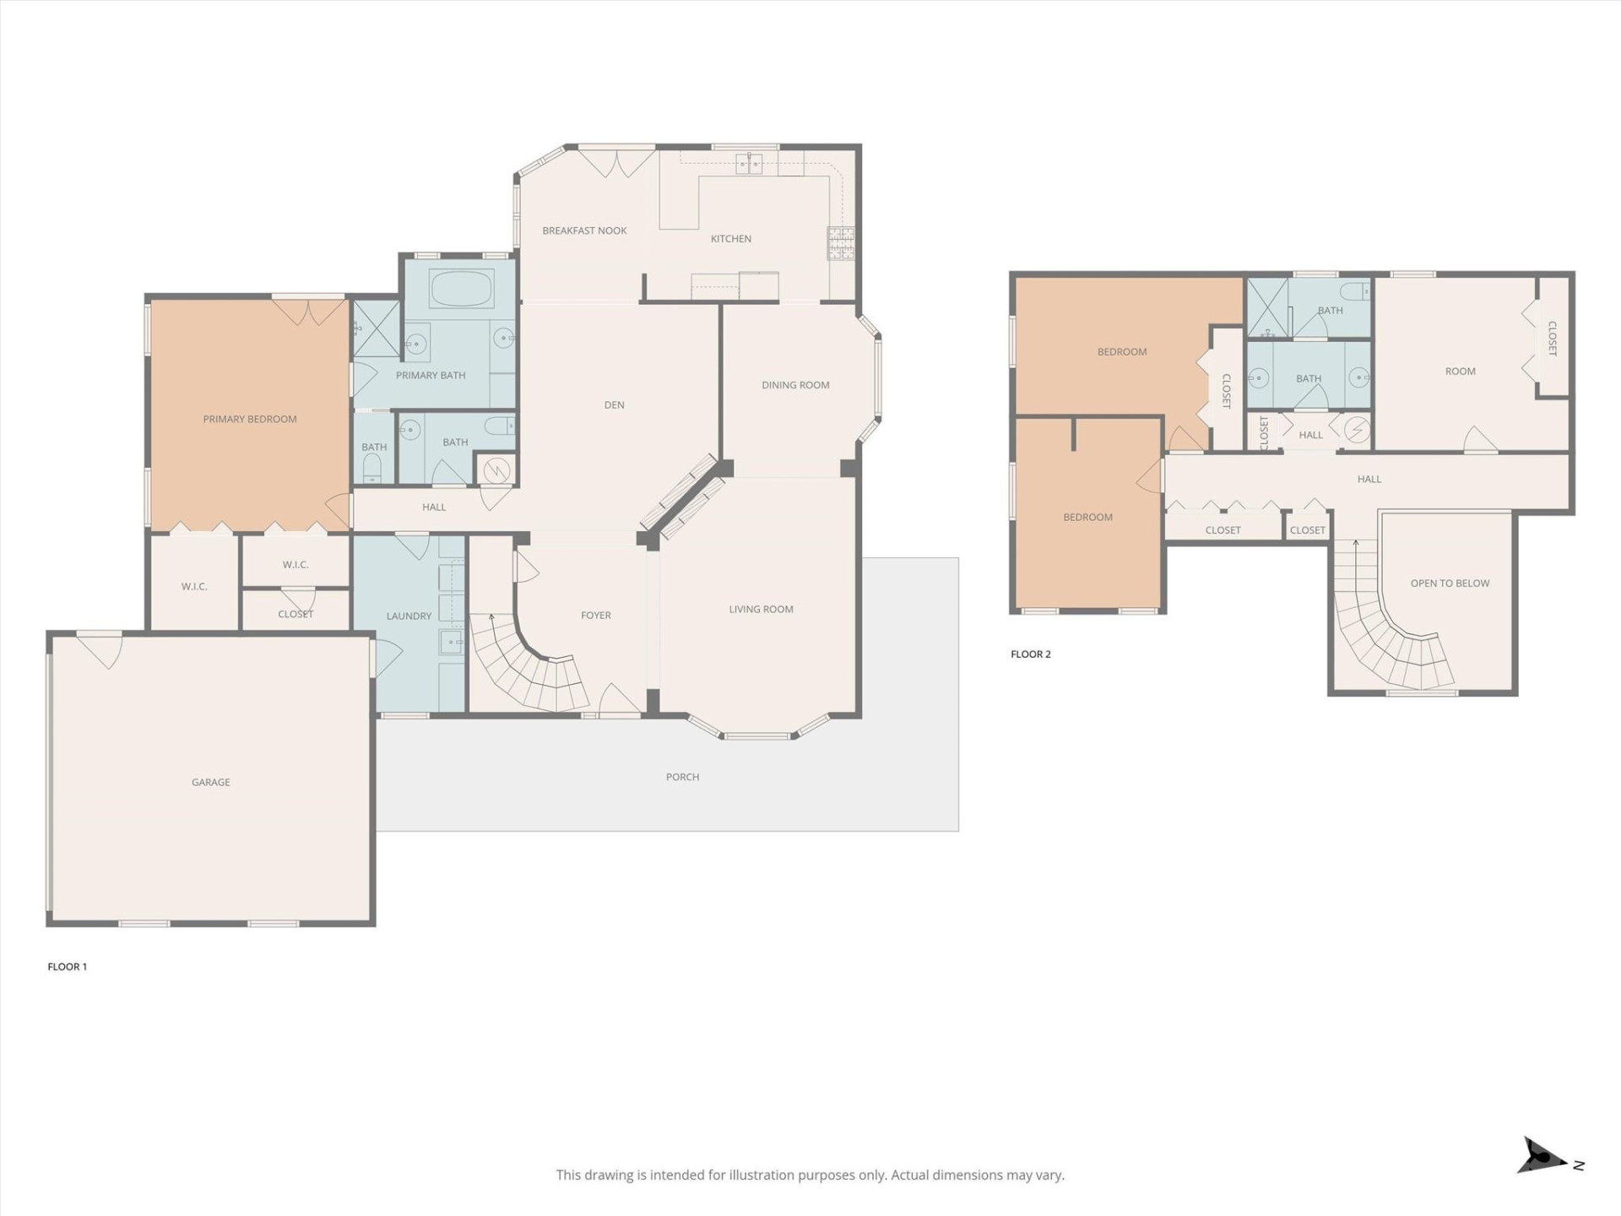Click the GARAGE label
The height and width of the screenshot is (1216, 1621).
click(210, 782)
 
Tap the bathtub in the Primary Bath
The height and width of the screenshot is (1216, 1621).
click(461, 289)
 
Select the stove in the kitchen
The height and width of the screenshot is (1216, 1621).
click(841, 244)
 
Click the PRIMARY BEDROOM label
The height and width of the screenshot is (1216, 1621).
click(249, 419)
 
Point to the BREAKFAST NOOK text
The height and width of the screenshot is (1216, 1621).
click(584, 231)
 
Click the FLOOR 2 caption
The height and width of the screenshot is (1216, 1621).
click(1030, 654)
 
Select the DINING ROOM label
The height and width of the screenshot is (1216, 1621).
click(795, 385)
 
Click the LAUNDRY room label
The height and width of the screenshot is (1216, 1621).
click(409, 616)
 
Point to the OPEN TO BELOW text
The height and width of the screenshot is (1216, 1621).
click(1450, 584)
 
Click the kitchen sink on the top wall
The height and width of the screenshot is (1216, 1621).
click(749, 164)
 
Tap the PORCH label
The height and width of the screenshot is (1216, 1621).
click(682, 777)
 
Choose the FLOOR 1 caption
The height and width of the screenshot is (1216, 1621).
click(68, 967)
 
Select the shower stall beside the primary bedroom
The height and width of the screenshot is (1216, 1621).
click(375, 328)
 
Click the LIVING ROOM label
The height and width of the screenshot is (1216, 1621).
click(761, 609)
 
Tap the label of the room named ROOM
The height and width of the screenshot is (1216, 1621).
click(1460, 372)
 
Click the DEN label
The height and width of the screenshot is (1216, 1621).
click(614, 405)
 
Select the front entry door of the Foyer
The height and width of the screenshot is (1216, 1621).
click(619, 700)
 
